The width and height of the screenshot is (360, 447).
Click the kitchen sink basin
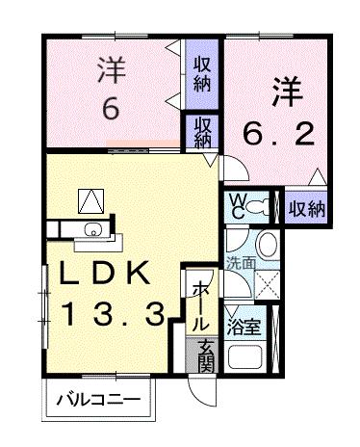92,228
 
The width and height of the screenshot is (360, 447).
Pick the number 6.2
277,133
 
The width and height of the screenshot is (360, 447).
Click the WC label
235,206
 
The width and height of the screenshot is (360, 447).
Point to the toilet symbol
265,205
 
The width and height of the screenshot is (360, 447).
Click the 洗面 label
240,260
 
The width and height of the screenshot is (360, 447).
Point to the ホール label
198,302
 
